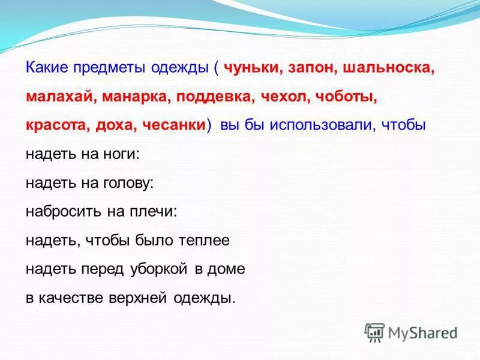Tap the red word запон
coord(314,68)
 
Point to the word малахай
coord(60,97)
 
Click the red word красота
coord(58,125)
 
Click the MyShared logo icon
coord(374,332)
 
